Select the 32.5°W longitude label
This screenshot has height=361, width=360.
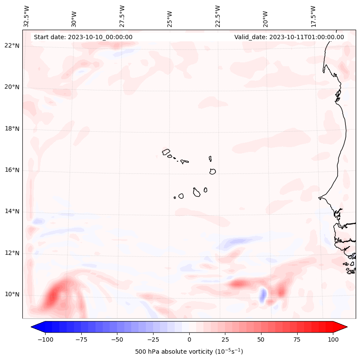[27, 16]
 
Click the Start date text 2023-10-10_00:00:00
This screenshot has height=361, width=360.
[83, 37]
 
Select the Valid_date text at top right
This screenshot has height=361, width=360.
[289, 37]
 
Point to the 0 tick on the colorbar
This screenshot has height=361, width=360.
[189, 339]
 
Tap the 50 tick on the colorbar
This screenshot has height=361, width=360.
[261, 339]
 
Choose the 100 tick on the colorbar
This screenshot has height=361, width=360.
[333, 339]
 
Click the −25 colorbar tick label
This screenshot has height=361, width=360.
[153, 339]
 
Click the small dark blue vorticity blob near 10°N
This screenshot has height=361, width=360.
[262, 295]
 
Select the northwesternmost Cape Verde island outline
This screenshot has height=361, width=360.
[166, 151]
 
